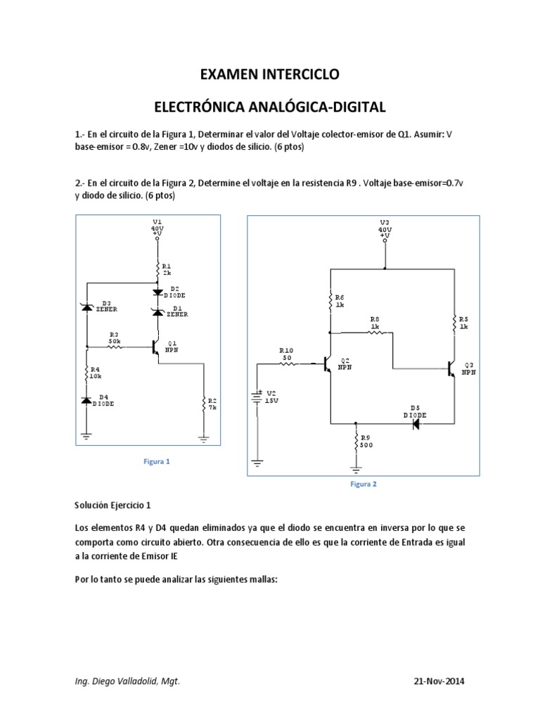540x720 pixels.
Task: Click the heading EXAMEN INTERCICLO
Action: coord(270,74)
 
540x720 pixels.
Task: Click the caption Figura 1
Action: coord(157,461)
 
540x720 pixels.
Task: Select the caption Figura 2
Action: coord(363,484)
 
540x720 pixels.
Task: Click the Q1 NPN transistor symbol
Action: coord(156,346)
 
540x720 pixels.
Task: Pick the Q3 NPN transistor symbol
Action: coord(451,368)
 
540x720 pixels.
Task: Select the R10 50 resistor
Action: coord(288,364)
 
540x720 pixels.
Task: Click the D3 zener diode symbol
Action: coord(87,307)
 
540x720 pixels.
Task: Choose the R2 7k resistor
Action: coord(204,404)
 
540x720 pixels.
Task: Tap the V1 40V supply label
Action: coord(157,227)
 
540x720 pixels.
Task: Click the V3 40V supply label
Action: coord(385,228)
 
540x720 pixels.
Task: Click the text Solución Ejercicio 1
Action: coord(112,505)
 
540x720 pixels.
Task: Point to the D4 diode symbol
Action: coord(87,399)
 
